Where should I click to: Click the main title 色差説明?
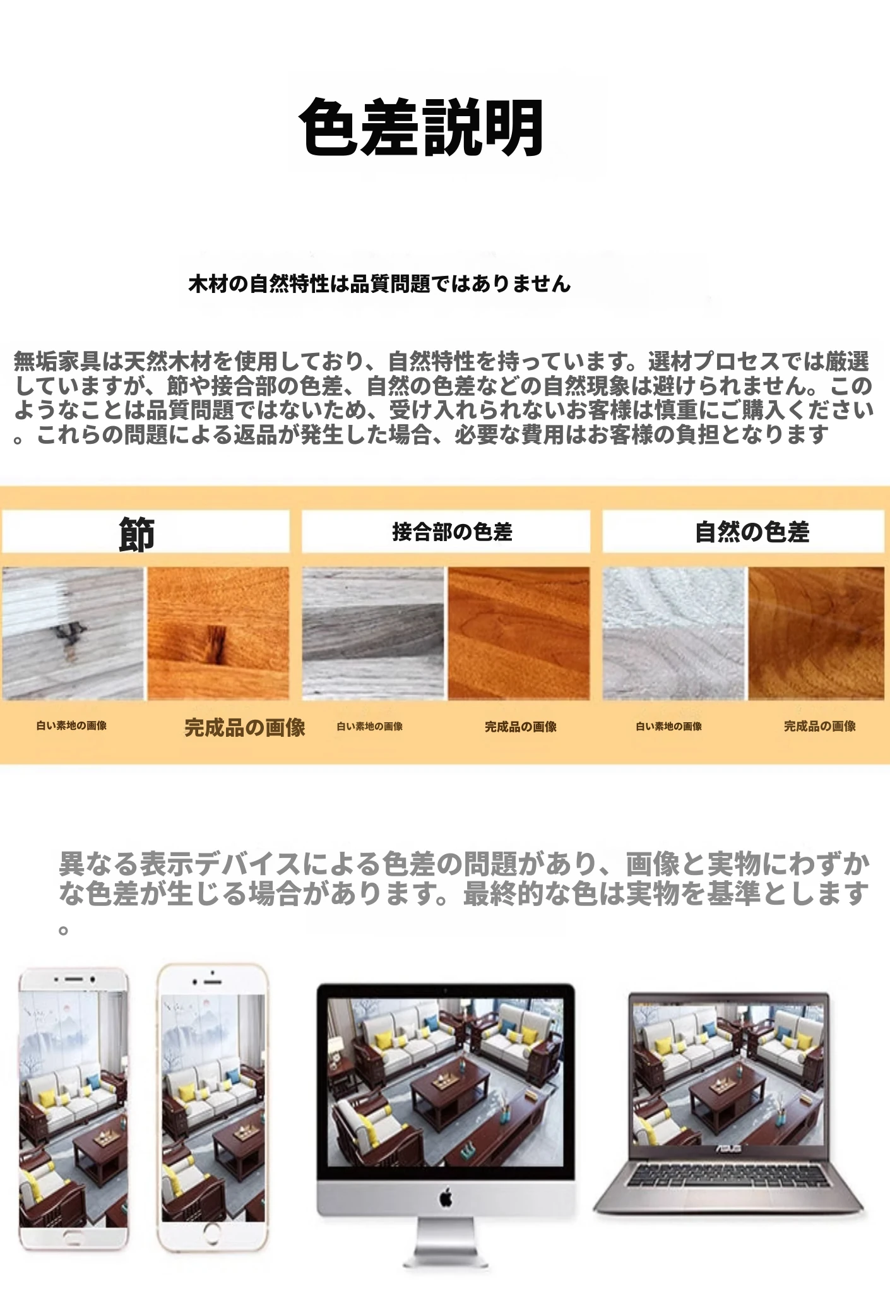pyautogui.click(x=421, y=127)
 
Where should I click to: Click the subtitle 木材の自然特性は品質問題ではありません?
pyautogui.click(x=379, y=284)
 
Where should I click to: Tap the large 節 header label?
pyautogui.click(x=137, y=534)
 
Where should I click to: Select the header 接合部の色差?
pyautogui.click(x=452, y=532)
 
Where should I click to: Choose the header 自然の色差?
pyautogui.click(x=752, y=532)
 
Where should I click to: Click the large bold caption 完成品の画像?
pyautogui.click(x=245, y=727)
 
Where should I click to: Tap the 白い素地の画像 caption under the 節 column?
pyautogui.click(x=71, y=725)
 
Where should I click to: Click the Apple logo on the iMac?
pyautogui.click(x=446, y=1198)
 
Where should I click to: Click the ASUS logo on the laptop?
pyautogui.click(x=727, y=1148)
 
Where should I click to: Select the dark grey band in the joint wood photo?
pyautogui.click(x=373, y=631)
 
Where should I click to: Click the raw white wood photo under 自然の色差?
pyautogui.click(x=673, y=633)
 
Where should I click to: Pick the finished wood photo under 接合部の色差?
pyautogui.click(x=519, y=633)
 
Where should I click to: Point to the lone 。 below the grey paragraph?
pyautogui.click(x=63, y=930)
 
